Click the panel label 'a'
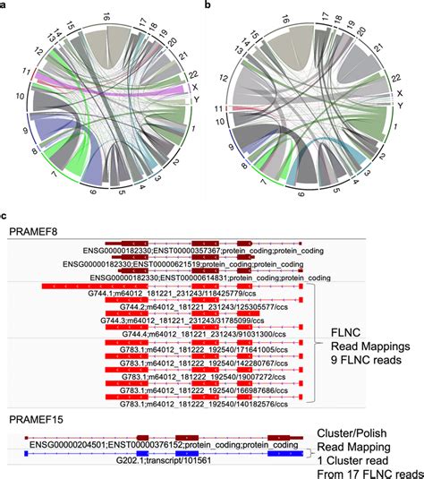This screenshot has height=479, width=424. click(7, 6)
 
